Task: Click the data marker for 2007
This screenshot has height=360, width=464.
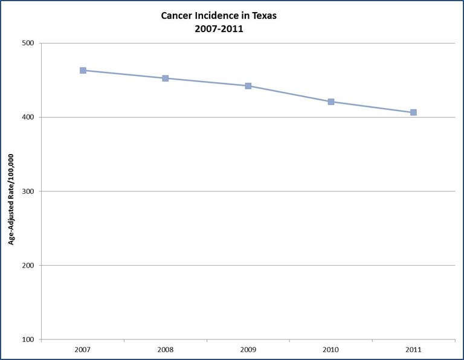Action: pos(83,71)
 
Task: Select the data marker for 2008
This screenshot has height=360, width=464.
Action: pos(166,78)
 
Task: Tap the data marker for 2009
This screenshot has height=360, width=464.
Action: pos(248,86)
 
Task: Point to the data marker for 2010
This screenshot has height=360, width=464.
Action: pos(331,101)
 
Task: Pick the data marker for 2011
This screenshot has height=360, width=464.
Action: pos(413,112)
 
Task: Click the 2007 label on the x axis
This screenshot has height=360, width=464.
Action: pos(83,349)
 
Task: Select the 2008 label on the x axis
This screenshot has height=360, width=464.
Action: pos(166,349)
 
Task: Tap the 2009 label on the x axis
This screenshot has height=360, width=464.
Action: pos(248,349)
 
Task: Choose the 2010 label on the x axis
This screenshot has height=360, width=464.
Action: pos(331,349)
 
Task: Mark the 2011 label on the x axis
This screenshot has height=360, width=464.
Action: pos(413,349)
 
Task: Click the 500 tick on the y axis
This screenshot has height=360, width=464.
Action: pos(28,43)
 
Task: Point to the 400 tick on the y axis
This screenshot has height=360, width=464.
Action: pos(28,117)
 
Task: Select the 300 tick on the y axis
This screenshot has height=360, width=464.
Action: pos(28,191)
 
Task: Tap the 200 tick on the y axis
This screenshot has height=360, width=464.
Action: pos(28,266)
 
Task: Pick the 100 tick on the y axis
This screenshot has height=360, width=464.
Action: pos(28,339)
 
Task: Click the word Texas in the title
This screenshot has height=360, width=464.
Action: pos(263,15)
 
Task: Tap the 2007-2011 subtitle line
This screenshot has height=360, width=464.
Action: pos(219,28)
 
